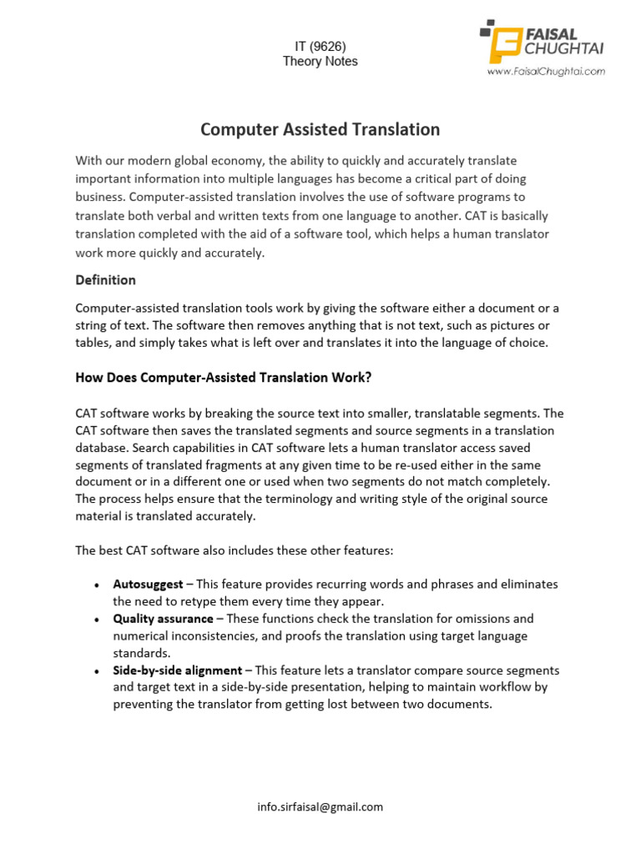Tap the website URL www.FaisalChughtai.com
coord(547,72)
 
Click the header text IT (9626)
coord(320,46)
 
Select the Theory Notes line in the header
coord(320,62)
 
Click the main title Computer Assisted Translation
coord(320,129)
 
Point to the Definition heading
coord(105,279)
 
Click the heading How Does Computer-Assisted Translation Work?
coord(224,378)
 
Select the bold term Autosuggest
coord(148,585)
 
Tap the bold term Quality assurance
coord(164,619)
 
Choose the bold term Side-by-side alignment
coord(178,671)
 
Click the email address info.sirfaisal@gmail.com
coord(320,806)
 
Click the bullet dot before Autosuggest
coord(98,585)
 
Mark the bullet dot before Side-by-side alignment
coord(98,671)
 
